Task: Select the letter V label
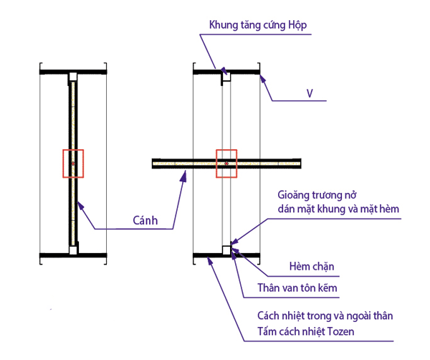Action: coord(310,94)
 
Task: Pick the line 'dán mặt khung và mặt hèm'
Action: coord(338,209)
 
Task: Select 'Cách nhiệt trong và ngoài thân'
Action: coord(325,316)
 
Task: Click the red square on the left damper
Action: coord(73,164)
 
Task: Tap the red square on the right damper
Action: coord(226,164)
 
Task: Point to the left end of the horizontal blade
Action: coord(156,164)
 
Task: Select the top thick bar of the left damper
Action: coord(74,72)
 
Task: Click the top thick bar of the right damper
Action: coord(226,71)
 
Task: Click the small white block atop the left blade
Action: coord(72,77)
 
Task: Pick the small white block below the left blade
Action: coord(73,250)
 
